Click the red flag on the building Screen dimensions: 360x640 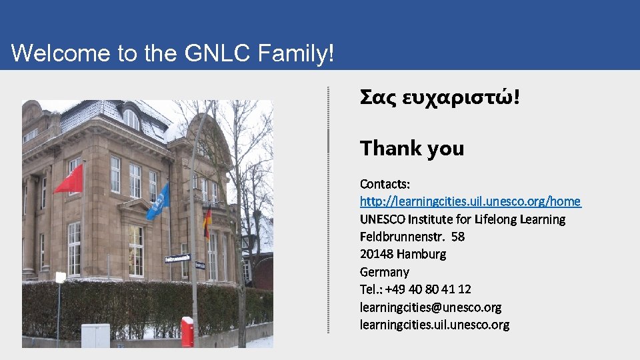tap(69, 180)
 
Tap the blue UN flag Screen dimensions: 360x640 tap(158, 203)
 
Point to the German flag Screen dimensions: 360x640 tap(207, 223)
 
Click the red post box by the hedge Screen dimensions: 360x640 tap(187, 331)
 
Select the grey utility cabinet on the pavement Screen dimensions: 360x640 tap(95, 335)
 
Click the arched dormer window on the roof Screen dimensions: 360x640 tap(131, 119)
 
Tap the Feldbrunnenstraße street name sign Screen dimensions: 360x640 tap(177, 258)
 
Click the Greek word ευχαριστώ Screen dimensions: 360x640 tap(461, 97)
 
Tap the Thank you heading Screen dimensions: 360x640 tap(411, 148)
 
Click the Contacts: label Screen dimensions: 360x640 tap(385, 183)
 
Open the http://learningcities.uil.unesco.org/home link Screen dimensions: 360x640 tap(470, 201)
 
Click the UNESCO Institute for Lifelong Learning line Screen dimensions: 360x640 tap(462, 219)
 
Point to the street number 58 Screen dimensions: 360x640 tap(457, 237)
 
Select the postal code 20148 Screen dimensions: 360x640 tap(376, 254)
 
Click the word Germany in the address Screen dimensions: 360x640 tap(384, 272)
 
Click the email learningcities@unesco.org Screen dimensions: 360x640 tap(430, 307)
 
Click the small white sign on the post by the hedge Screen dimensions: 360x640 tap(61, 277)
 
